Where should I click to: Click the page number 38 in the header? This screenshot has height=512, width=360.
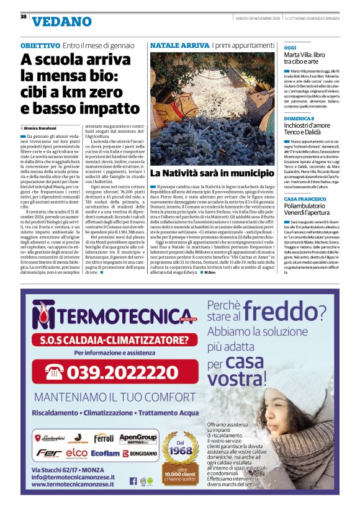[23, 16]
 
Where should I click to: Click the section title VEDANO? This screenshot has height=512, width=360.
[57, 22]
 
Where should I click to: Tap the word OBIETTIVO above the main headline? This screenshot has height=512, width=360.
[40, 46]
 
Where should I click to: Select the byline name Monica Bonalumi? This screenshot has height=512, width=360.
[48, 127]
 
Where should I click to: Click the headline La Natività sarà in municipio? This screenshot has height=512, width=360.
[212, 173]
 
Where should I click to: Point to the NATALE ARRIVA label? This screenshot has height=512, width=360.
[179, 46]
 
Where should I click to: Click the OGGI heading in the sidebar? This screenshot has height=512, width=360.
[290, 47]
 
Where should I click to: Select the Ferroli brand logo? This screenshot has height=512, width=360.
[104, 438]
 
